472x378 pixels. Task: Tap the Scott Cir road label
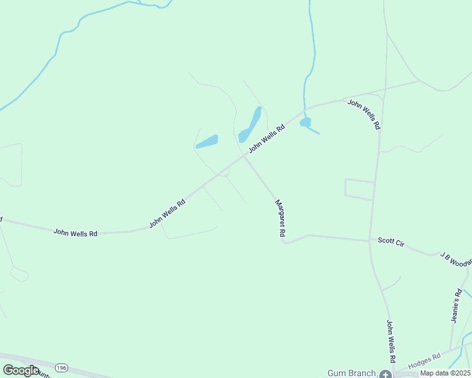click(x=391, y=241)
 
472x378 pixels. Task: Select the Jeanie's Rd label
click(x=457, y=306)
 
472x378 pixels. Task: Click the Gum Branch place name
click(x=351, y=373)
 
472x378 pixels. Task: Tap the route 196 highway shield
click(x=61, y=367)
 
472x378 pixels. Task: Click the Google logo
click(x=20, y=370)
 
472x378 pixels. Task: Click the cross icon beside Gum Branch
click(x=385, y=374)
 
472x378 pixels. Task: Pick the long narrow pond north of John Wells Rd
click(x=251, y=125)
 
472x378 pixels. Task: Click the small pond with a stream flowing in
click(x=305, y=122)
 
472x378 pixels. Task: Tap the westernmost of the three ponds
click(x=207, y=142)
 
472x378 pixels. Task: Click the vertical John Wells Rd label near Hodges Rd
click(x=391, y=341)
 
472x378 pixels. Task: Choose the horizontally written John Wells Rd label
click(x=75, y=232)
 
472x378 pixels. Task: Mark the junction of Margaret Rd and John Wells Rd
click(x=244, y=157)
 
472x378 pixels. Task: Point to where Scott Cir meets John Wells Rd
click(x=370, y=241)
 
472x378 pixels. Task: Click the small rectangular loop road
click(x=359, y=190)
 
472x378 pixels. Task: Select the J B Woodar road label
click(x=456, y=258)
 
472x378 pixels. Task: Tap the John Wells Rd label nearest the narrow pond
click(x=266, y=138)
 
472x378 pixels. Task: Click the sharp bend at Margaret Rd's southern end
click(x=285, y=243)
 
